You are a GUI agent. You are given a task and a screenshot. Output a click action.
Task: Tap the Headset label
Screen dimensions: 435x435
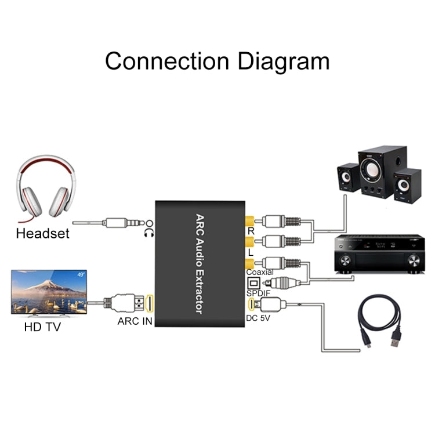pyautogui.click(x=42, y=234)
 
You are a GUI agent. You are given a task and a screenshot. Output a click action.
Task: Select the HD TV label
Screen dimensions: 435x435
pyautogui.click(x=42, y=327)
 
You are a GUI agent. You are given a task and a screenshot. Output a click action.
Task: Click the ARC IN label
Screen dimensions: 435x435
pyautogui.click(x=134, y=321)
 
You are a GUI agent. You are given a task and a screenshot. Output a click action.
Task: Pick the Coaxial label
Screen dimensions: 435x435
pyautogui.click(x=260, y=271)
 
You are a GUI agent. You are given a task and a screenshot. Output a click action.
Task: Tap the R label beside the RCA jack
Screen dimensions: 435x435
pyautogui.click(x=251, y=231)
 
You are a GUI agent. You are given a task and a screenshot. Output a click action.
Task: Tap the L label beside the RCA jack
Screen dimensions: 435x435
pyautogui.click(x=251, y=252)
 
